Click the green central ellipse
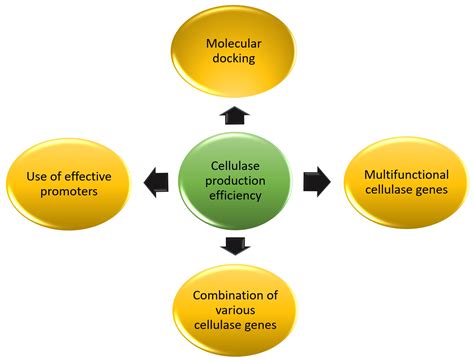[238, 181]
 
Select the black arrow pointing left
[157, 182]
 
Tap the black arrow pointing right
[319, 182]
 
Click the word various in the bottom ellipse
[237, 310]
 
